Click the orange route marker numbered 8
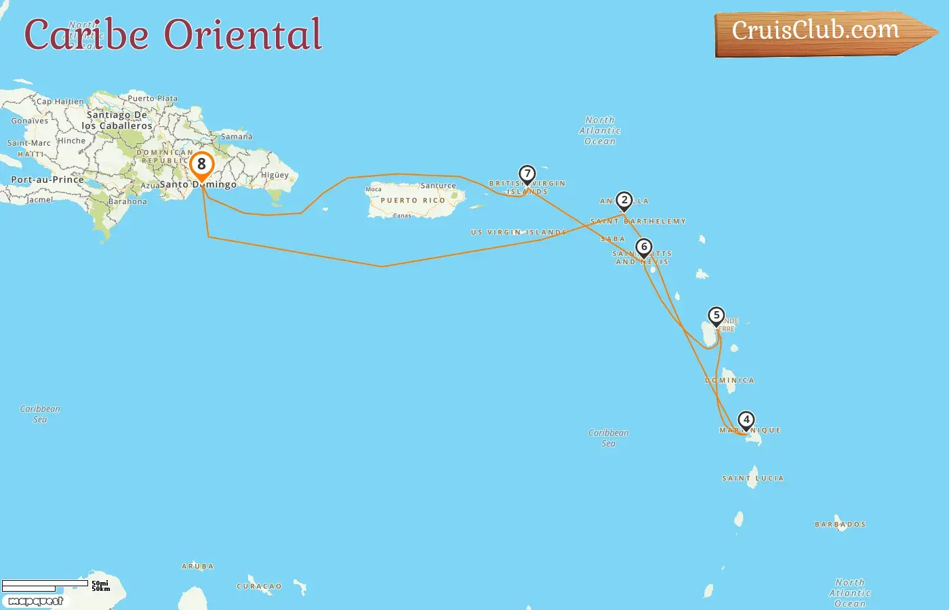coord(201,165)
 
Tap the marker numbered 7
coord(527,174)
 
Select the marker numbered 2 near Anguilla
coord(624,201)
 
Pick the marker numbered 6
coord(644,247)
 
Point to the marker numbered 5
coord(716,316)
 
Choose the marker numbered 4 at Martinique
coord(746,420)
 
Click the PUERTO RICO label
coord(413,201)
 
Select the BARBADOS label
coord(840,525)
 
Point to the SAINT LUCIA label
coord(752,479)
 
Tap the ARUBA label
coord(197,567)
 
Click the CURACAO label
coord(259,587)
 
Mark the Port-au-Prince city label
coord(47,180)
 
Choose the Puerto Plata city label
coord(153,98)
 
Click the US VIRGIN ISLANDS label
coord(519,232)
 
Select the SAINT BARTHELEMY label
coord(638,222)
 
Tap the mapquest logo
coord(36,601)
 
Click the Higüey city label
coord(275,175)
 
